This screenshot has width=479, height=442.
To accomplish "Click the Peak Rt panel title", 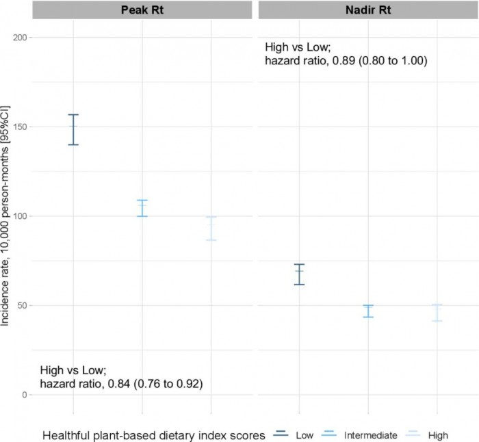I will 142,11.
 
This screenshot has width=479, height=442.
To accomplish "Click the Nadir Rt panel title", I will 367,11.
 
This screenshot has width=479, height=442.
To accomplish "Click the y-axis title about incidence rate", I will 6,216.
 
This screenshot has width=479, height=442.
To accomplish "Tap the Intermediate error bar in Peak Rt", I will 142,208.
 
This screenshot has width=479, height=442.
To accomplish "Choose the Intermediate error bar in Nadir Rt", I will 367,311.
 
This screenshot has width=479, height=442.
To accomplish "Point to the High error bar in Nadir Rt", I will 437,313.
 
